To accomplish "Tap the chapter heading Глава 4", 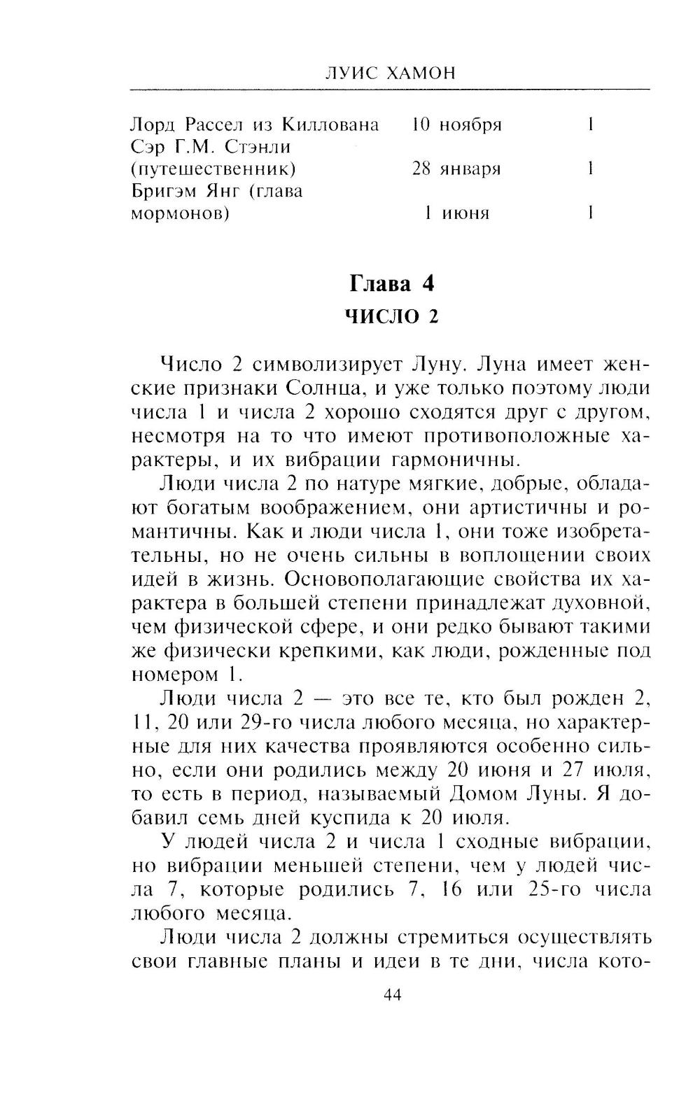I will coord(392,284).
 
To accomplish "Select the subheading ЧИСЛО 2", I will coord(392,316).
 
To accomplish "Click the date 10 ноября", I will coord(457,125).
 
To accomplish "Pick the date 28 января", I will coord(457,169).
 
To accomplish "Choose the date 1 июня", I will coord(457,213).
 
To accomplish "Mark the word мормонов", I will coord(181,213).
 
